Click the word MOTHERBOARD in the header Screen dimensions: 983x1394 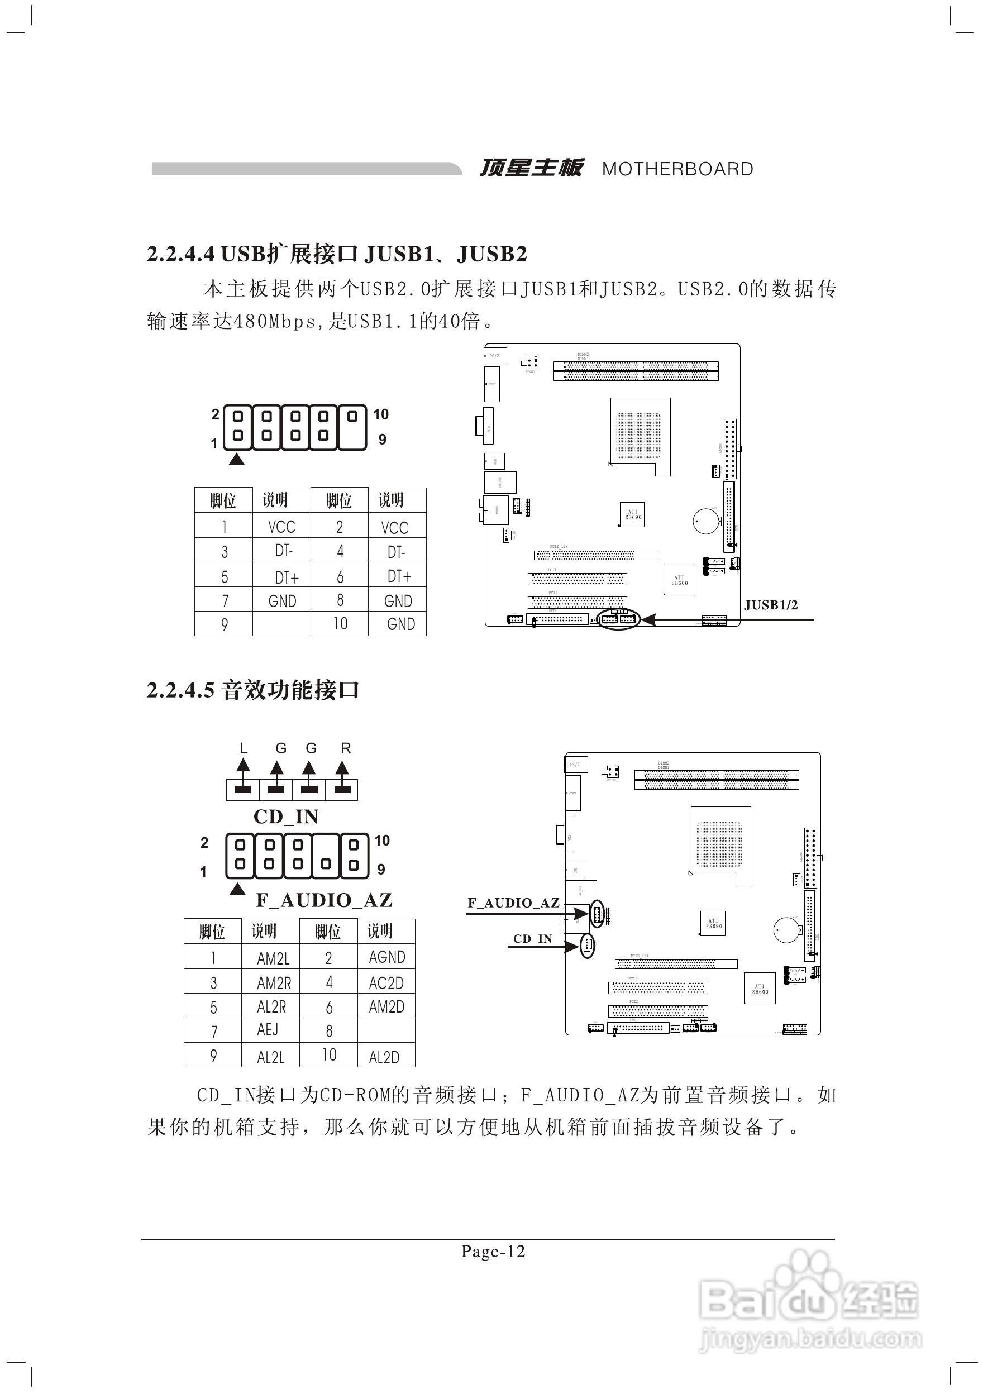(x=677, y=169)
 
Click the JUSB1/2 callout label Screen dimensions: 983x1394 (x=771, y=605)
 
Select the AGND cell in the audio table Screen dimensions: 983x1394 (x=386, y=957)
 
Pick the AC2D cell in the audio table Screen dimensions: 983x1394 (x=386, y=983)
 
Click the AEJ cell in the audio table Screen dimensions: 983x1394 (x=268, y=1030)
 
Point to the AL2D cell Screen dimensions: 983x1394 (x=384, y=1058)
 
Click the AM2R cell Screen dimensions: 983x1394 (x=274, y=983)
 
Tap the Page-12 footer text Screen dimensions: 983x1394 (x=493, y=1252)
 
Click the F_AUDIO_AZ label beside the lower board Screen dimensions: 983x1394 (x=513, y=903)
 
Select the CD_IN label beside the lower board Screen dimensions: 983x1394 (x=532, y=939)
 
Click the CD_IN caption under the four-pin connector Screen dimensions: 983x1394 (x=285, y=817)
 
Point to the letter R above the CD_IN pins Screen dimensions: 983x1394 (x=346, y=748)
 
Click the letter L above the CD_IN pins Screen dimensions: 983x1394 (x=244, y=748)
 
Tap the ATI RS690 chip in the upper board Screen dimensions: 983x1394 (x=633, y=515)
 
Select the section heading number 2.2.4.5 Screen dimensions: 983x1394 (x=180, y=690)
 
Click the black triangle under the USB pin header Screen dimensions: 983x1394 (x=236, y=460)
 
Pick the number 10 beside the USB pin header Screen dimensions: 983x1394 (x=381, y=414)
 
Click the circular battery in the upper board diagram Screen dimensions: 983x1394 (x=706, y=521)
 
